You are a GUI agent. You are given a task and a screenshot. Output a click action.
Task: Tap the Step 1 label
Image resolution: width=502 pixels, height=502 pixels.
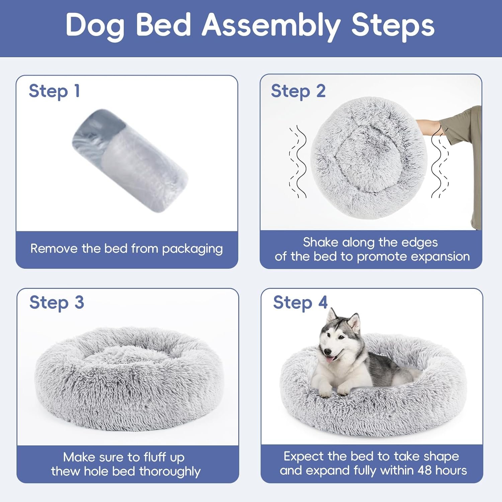tap(54, 91)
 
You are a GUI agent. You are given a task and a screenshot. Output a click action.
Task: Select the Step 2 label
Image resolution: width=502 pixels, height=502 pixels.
tap(298, 91)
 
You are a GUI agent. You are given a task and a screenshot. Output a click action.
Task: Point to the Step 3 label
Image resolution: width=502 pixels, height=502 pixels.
tap(57, 303)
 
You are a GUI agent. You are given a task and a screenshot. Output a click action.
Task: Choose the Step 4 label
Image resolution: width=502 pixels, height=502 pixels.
tap(300, 303)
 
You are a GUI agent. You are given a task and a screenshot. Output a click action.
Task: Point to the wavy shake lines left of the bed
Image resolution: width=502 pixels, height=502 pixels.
tap(298, 162)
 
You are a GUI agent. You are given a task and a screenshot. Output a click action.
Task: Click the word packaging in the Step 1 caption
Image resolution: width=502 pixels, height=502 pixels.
tap(192, 249)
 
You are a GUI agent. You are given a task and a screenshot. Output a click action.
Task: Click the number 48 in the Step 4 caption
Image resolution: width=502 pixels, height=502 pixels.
tap(425, 470)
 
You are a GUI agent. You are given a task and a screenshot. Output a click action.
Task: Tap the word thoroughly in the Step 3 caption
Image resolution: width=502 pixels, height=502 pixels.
tap(170, 471)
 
